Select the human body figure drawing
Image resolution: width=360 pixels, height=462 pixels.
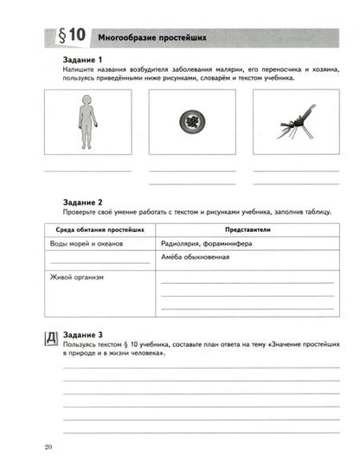coord(87,121)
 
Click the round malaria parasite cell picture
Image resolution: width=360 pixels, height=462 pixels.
coord(191,121)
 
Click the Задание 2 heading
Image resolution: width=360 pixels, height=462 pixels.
coord(85,202)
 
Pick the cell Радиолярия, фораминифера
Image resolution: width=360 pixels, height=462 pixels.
coord(204,245)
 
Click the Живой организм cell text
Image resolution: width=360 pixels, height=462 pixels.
coord(76,277)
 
